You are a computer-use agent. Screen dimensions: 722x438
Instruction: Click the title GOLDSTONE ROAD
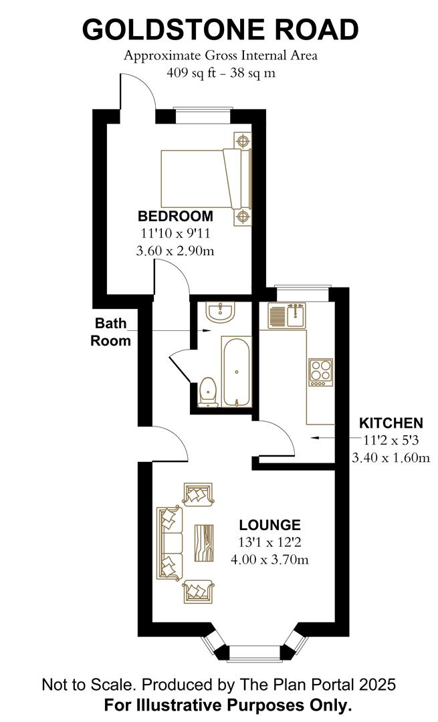[220, 30]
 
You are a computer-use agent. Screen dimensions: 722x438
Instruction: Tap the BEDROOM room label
[175, 217]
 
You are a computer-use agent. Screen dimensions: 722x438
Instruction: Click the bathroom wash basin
[221, 312]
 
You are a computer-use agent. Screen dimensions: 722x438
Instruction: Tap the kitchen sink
[288, 316]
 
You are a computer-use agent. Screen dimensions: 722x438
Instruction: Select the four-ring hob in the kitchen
[320, 372]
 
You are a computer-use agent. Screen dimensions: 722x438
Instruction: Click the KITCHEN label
[391, 423]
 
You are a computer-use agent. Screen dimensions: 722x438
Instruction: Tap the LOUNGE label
[269, 525]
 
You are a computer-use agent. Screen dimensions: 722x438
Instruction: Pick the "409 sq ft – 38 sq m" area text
[220, 73]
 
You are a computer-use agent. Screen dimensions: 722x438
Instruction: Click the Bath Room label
[111, 332]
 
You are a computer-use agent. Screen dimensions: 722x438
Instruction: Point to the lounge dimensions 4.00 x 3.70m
[269, 560]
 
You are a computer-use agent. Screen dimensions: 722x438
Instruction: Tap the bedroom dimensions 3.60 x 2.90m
[175, 251]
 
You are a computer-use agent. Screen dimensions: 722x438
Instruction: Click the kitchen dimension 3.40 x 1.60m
[391, 458]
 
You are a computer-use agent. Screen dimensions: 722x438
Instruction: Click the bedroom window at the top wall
[203, 116]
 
